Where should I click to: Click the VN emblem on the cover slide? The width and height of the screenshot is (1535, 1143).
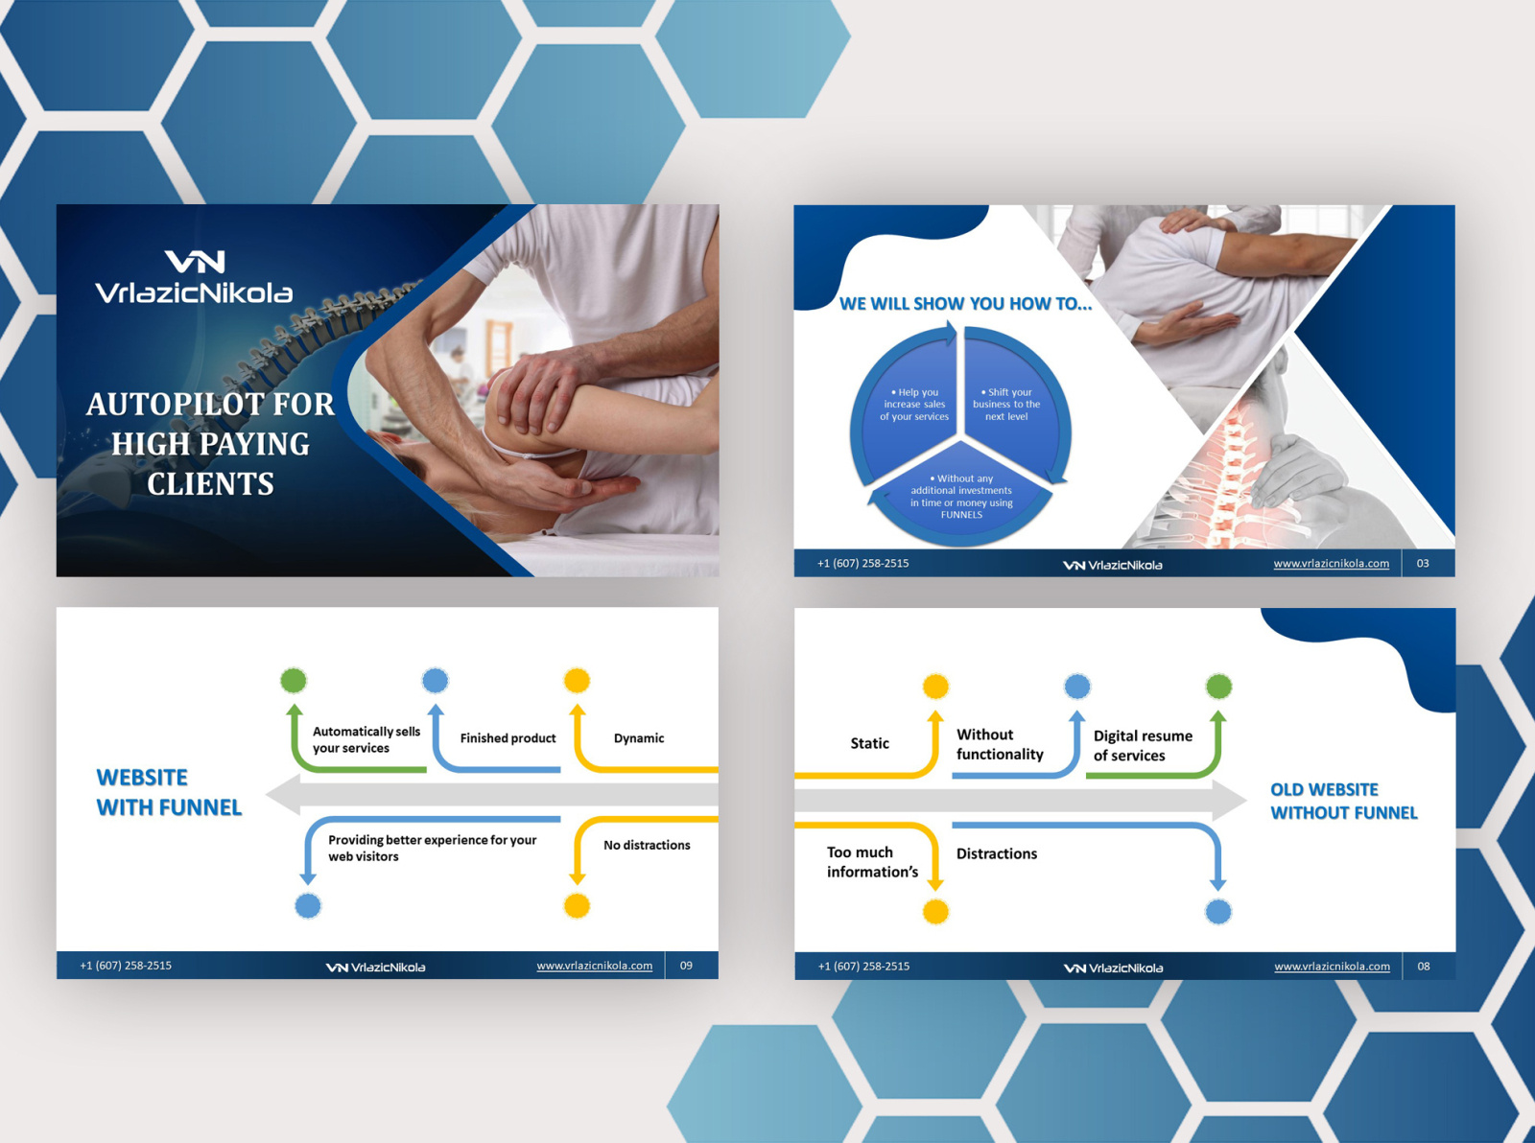(195, 261)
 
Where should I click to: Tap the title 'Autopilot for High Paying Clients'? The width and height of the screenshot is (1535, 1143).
(211, 444)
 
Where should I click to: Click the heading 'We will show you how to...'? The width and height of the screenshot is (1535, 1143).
(965, 304)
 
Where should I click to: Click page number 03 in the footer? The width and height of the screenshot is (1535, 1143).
(1423, 564)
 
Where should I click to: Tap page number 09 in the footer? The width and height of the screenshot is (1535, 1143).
(686, 966)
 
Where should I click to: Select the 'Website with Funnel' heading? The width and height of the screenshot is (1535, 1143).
(169, 792)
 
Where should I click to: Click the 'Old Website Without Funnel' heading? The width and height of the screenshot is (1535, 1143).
(1343, 801)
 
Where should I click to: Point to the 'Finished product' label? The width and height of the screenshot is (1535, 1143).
(508, 738)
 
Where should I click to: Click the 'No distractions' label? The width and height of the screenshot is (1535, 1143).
(647, 845)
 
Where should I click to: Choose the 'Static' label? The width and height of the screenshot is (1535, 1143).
(869, 743)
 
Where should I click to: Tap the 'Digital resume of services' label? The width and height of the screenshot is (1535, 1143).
(1143, 745)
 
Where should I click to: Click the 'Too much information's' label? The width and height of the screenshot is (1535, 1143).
(872, 862)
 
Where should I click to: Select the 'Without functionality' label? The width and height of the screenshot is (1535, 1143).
(1000, 744)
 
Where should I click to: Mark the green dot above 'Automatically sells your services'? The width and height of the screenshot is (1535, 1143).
(294, 681)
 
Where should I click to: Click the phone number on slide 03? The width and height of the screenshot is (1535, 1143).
(862, 564)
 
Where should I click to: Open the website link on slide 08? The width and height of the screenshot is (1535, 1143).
(1332, 967)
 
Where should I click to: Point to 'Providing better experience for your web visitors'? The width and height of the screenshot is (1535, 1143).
(432, 848)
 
